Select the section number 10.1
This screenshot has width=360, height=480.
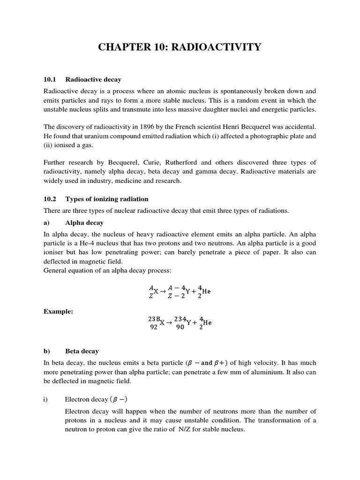click(50, 80)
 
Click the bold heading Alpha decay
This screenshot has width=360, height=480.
click(84, 223)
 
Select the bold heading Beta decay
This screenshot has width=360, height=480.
click(82, 351)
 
